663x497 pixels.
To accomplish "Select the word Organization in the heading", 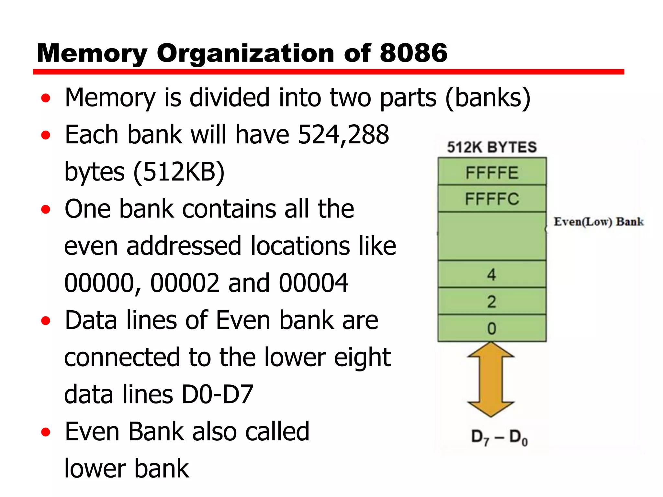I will click(x=245, y=54).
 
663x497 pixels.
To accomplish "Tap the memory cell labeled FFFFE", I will click(x=492, y=172).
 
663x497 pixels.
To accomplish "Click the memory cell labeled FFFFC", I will click(x=492, y=198).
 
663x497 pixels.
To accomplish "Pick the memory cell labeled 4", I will click(x=492, y=274).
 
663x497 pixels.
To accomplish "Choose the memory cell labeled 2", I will click(x=492, y=301).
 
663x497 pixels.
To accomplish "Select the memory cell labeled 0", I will click(x=492, y=328).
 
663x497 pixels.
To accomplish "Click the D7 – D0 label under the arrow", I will click(x=499, y=437).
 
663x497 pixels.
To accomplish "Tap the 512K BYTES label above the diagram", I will click(x=492, y=147).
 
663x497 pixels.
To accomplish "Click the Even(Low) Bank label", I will click(x=598, y=222).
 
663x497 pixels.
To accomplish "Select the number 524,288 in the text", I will click(x=343, y=134).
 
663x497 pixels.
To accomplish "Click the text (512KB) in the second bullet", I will click(x=179, y=171).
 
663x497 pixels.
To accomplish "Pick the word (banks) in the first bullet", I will click(x=488, y=97).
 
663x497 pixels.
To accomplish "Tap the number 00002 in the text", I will click(x=185, y=283).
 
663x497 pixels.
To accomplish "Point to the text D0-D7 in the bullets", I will click(x=217, y=394).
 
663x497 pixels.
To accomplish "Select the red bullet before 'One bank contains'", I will click(x=46, y=209).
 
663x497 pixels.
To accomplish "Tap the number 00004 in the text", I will click(x=313, y=283).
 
